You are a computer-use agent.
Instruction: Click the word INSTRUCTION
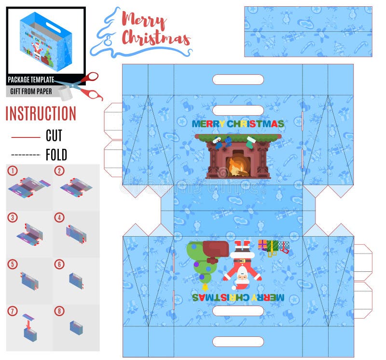pyautogui.click(x=41, y=114)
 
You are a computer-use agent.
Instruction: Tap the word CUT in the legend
pyautogui.click(x=54, y=135)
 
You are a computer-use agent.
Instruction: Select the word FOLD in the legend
pyautogui.click(x=56, y=155)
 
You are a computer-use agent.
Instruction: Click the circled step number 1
pyautogui.click(x=13, y=171)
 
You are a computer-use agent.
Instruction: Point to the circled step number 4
pyautogui.click(x=59, y=217)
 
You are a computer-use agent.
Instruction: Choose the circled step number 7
pyautogui.click(x=13, y=311)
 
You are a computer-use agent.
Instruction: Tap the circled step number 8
pyautogui.click(x=59, y=311)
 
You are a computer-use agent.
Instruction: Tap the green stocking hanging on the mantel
pyautogui.click(x=249, y=142)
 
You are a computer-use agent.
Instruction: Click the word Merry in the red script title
pyautogui.click(x=144, y=20)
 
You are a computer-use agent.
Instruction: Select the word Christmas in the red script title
pyautogui.click(x=155, y=38)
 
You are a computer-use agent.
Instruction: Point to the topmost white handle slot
pyautogui.click(x=238, y=80)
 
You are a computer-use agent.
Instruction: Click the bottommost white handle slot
pyautogui.click(x=238, y=342)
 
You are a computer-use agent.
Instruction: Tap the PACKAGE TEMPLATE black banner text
pyautogui.click(x=31, y=80)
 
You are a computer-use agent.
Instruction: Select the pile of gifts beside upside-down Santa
pyautogui.click(x=273, y=246)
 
